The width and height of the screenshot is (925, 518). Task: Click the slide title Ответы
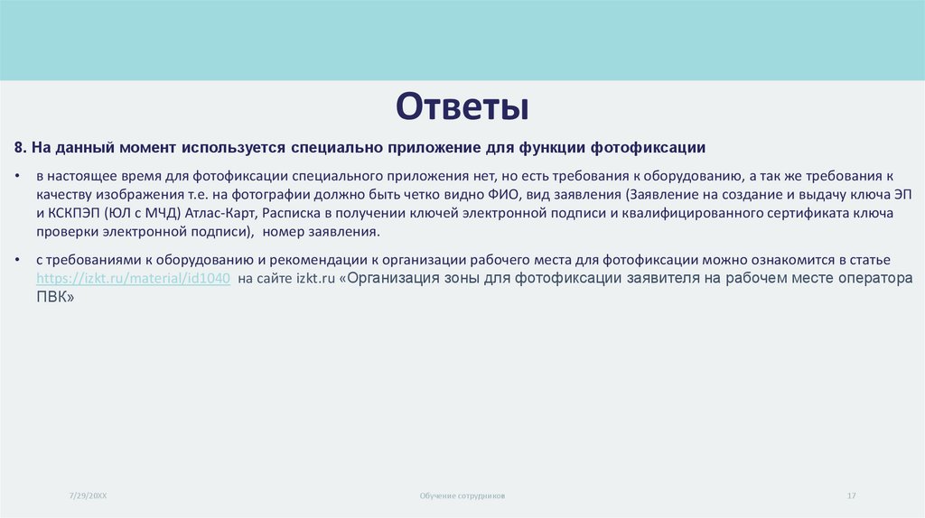pyautogui.click(x=462, y=106)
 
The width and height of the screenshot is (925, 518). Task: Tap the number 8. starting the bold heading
pyautogui.click(x=21, y=147)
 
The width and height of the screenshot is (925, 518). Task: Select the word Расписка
pyautogui.click(x=294, y=212)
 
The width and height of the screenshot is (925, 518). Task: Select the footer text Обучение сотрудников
pyautogui.click(x=462, y=496)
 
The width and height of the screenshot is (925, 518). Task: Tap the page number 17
pyautogui.click(x=851, y=496)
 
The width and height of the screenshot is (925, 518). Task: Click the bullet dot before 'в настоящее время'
pyautogui.click(x=19, y=174)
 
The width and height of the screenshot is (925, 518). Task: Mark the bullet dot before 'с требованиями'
pyautogui.click(x=19, y=260)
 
